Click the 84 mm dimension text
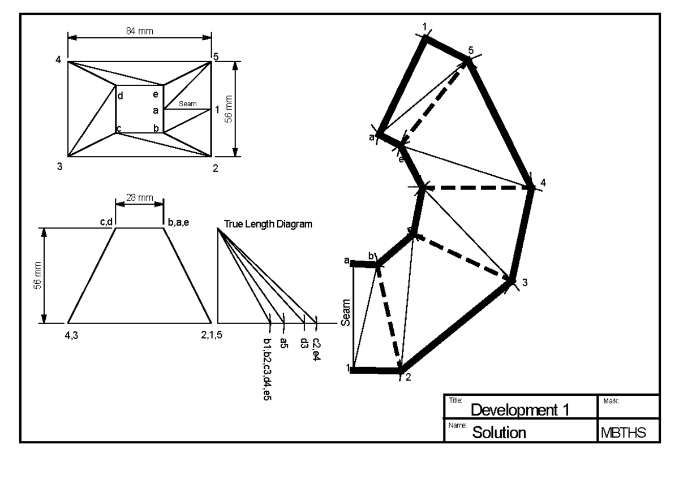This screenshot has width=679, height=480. (139, 31)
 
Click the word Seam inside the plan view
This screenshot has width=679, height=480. (187, 103)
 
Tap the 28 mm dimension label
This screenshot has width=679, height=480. (139, 197)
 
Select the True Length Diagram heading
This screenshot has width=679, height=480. (268, 224)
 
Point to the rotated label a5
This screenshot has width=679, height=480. (284, 344)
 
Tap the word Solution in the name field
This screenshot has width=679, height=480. (499, 433)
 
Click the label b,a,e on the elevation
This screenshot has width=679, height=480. (178, 223)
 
